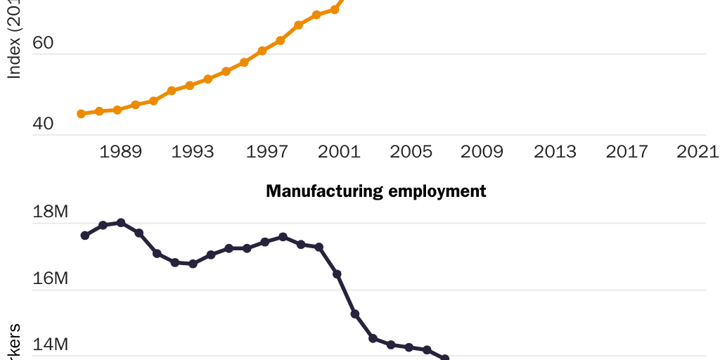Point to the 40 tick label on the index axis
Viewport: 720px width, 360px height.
click(43, 124)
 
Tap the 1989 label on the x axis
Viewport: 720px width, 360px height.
click(121, 152)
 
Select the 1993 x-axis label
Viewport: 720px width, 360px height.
click(193, 152)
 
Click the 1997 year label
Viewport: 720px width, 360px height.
click(265, 152)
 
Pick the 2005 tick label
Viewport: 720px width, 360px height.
click(410, 152)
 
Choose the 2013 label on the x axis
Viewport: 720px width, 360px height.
click(555, 152)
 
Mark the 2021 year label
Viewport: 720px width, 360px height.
click(697, 152)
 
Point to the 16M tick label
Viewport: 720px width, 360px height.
click(50, 279)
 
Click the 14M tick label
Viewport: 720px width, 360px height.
click(50, 345)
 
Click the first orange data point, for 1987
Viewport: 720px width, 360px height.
click(81, 114)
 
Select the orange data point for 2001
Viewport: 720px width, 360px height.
click(334, 10)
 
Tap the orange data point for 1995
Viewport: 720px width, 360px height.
click(226, 72)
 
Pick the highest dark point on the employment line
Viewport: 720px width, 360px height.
click(121, 222)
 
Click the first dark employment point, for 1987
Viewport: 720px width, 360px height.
click(85, 236)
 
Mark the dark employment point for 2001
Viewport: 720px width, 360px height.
click(337, 274)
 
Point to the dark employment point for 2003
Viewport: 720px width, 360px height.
click(373, 338)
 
